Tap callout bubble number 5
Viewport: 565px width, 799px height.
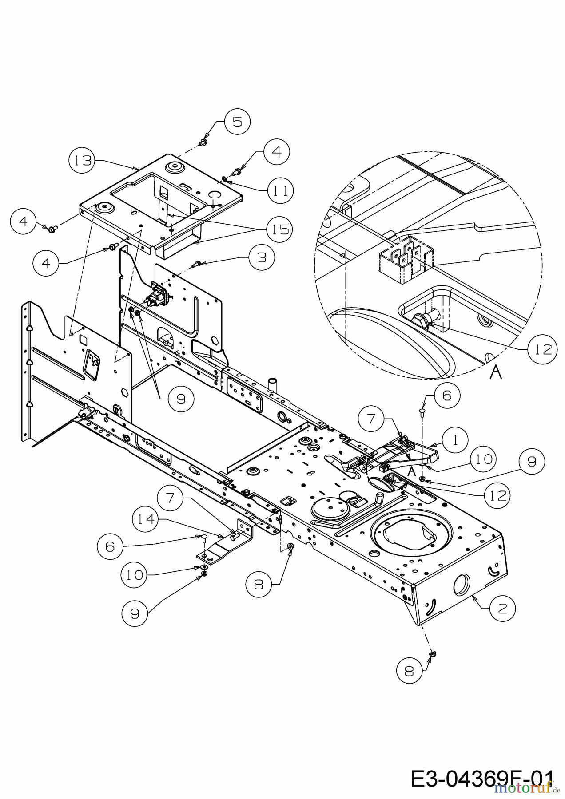coord(237,121)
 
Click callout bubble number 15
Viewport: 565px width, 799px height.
coord(278,229)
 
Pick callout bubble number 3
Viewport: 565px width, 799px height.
coord(262,257)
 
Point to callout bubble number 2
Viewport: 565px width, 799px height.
coord(503,608)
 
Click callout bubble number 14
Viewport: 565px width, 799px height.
coord(146,518)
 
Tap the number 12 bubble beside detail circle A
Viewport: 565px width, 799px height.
coord(542,349)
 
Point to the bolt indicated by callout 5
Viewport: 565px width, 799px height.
coord(203,142)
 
